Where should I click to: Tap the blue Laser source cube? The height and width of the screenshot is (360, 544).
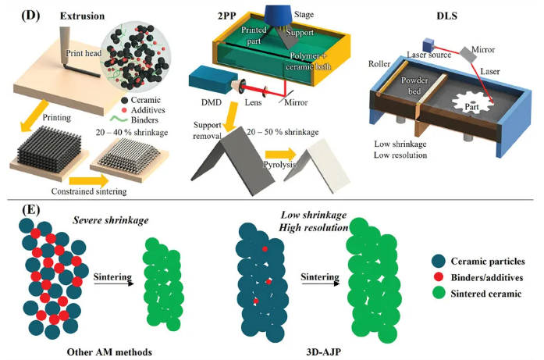[x=429, y=45]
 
